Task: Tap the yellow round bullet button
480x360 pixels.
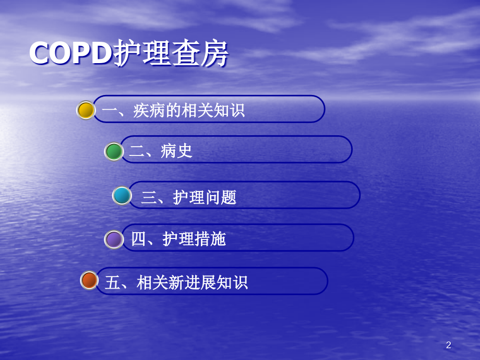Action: tap(86, 110)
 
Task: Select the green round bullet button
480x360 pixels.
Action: tap(114, 151)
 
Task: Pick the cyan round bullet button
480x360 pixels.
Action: tap(122, 196)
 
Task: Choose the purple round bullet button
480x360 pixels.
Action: tap(114, 239)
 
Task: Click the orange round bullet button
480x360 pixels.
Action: tap(89, 280)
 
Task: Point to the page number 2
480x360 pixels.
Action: tap(448, 345)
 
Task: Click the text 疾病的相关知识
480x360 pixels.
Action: tap(189, 111)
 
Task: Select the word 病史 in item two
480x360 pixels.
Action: tap(177, 151)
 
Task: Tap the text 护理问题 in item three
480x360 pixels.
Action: tap(205, 197)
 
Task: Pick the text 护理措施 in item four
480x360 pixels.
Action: tap(194, 239)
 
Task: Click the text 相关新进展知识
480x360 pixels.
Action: tap(192, 283)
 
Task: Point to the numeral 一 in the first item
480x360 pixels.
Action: tap(110, 111)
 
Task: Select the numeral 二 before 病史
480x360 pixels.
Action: tap(137, 151)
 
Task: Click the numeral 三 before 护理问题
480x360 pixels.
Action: tap(149, 197)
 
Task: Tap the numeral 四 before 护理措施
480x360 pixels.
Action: tap(138, 239)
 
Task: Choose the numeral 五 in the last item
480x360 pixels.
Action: tap(112, 283)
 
